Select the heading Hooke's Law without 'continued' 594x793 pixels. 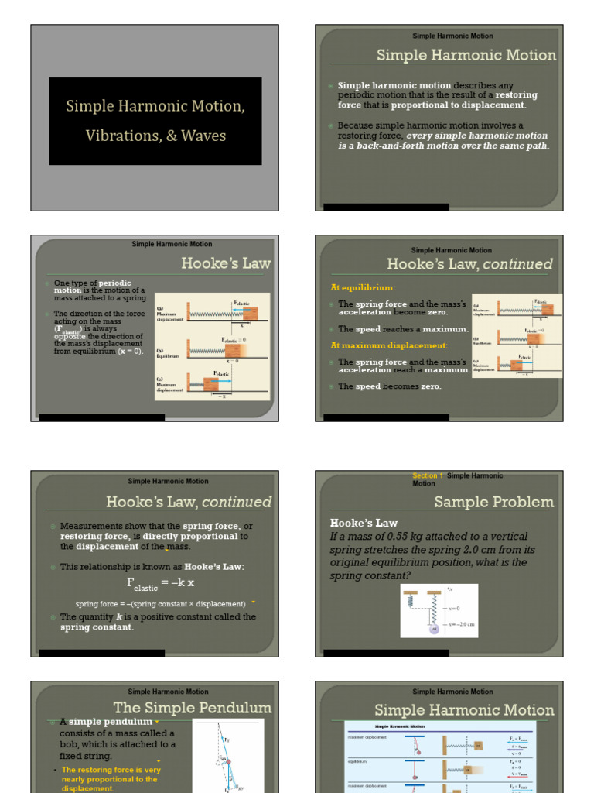pyautogui.click(x=226, y=263)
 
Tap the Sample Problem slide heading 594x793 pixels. pyautogui.click(x=494, y=502)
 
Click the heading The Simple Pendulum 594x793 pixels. pyautogui.click(x=193, y=708)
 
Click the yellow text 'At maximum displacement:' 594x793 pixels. pyautogui.click(x=389, y=345)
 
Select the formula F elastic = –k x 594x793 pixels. pyautogui.click(x=161, y=583)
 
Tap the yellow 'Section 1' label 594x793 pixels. pyautogui.click(x=428, y=475)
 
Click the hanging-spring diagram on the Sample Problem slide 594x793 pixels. pyautogui.click(x=439, y=610)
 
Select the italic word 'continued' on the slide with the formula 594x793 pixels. pyautogui.click(x=237, y=502)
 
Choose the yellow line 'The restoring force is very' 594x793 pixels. pyautogui.click(x=111, y=770)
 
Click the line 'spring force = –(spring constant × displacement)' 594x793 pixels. pyautogui.click(x=160, y=604)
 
